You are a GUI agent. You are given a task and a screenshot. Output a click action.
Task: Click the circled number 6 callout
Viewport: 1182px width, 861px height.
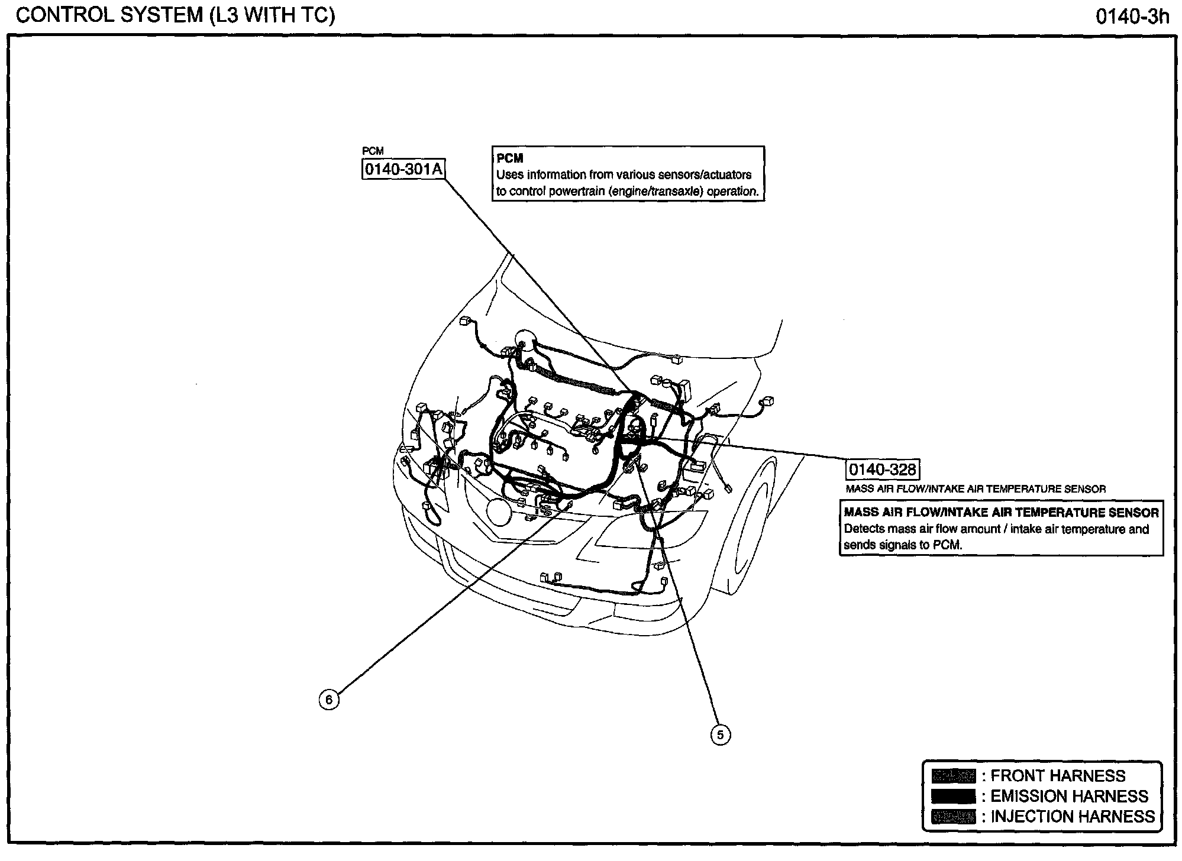point(329,700)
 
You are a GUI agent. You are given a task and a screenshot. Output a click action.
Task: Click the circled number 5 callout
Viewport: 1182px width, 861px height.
point(720,735)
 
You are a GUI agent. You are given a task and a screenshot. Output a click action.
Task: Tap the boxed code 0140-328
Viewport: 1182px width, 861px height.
point(882,470)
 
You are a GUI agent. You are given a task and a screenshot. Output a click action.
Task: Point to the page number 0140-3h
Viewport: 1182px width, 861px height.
point(1132,17)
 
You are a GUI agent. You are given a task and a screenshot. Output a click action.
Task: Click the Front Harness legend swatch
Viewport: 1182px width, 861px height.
point(953,776)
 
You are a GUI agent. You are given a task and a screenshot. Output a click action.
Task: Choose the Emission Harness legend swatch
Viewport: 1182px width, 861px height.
point(953,797)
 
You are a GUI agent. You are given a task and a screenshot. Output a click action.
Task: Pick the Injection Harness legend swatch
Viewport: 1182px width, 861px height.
point(953,817)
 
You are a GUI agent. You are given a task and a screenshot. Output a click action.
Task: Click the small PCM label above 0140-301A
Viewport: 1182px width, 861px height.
point(373,151)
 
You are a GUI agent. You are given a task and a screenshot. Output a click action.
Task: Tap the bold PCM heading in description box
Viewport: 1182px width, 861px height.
point(510,158)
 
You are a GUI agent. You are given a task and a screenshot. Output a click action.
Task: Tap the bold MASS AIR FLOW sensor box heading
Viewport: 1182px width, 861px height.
point(1001,513)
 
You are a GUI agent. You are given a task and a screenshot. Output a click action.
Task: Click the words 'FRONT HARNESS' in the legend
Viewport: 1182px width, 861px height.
point(1058,776)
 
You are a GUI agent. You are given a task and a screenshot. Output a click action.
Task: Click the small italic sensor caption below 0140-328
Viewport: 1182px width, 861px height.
point(976,489)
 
